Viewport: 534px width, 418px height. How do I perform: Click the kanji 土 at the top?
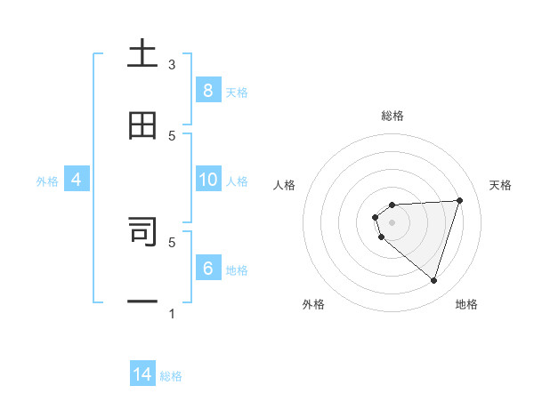tap(142, 55)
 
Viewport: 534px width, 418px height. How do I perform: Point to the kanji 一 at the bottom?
tap(142, 301)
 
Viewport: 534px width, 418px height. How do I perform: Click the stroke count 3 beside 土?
tap(172, 65)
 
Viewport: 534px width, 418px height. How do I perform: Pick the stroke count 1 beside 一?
tap(172, 313)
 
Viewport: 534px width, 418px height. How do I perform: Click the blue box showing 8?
tap(207, 90)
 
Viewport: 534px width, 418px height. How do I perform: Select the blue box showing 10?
tap(207, 180)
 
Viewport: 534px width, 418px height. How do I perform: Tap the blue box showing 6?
tap(207, 269)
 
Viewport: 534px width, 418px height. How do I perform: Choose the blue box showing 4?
tap(77, 180)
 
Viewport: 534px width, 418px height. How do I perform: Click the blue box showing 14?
tap(142, 374)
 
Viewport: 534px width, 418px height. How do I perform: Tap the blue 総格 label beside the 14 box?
tap(171, 376)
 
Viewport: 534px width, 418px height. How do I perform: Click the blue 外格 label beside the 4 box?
tap(47, 181)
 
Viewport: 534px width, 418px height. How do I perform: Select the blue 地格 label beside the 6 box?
tap(237, 270)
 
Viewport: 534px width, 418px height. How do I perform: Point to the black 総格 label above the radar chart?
tap(392, 116)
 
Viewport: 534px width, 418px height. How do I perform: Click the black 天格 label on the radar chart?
tap(500, 185)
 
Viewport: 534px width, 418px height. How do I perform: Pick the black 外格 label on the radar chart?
tap(313, 304)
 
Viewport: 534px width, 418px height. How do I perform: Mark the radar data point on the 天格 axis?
tap(460, 200)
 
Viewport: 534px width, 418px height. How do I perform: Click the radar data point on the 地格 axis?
tap(433, 280)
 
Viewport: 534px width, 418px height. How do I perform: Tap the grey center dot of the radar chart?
tap(392, 221)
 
